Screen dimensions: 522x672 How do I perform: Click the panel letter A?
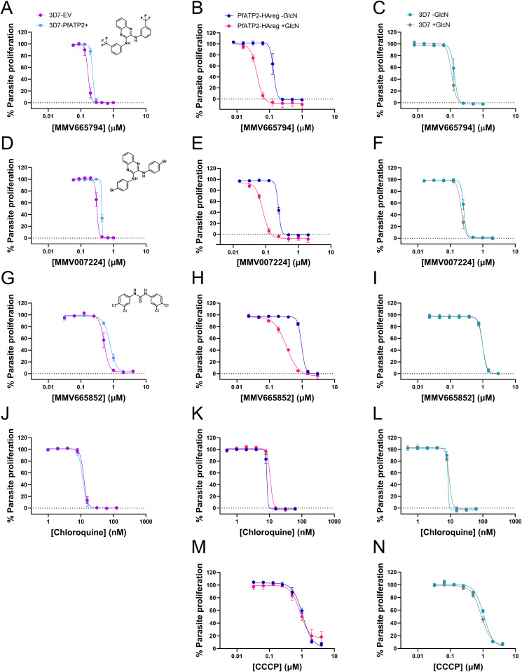pyautogui.click(x=6, y=8)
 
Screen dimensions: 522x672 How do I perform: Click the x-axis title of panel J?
pyautogui.click(x=88, y=533)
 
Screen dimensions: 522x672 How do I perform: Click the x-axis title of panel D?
pyautogui.click(x=88, y=262)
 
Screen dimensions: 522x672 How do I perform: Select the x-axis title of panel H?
pyautogui.click(x=277, y=398)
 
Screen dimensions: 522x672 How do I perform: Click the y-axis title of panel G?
pyautogui.click(x=11, y=340)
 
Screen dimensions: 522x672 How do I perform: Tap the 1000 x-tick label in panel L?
pyautogui.click(x=515, y=521)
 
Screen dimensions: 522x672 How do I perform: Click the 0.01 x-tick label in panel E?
pyautogui.click(x=233, y=252)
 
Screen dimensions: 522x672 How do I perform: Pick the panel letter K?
pyautogui.click(x=198, y=413)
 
